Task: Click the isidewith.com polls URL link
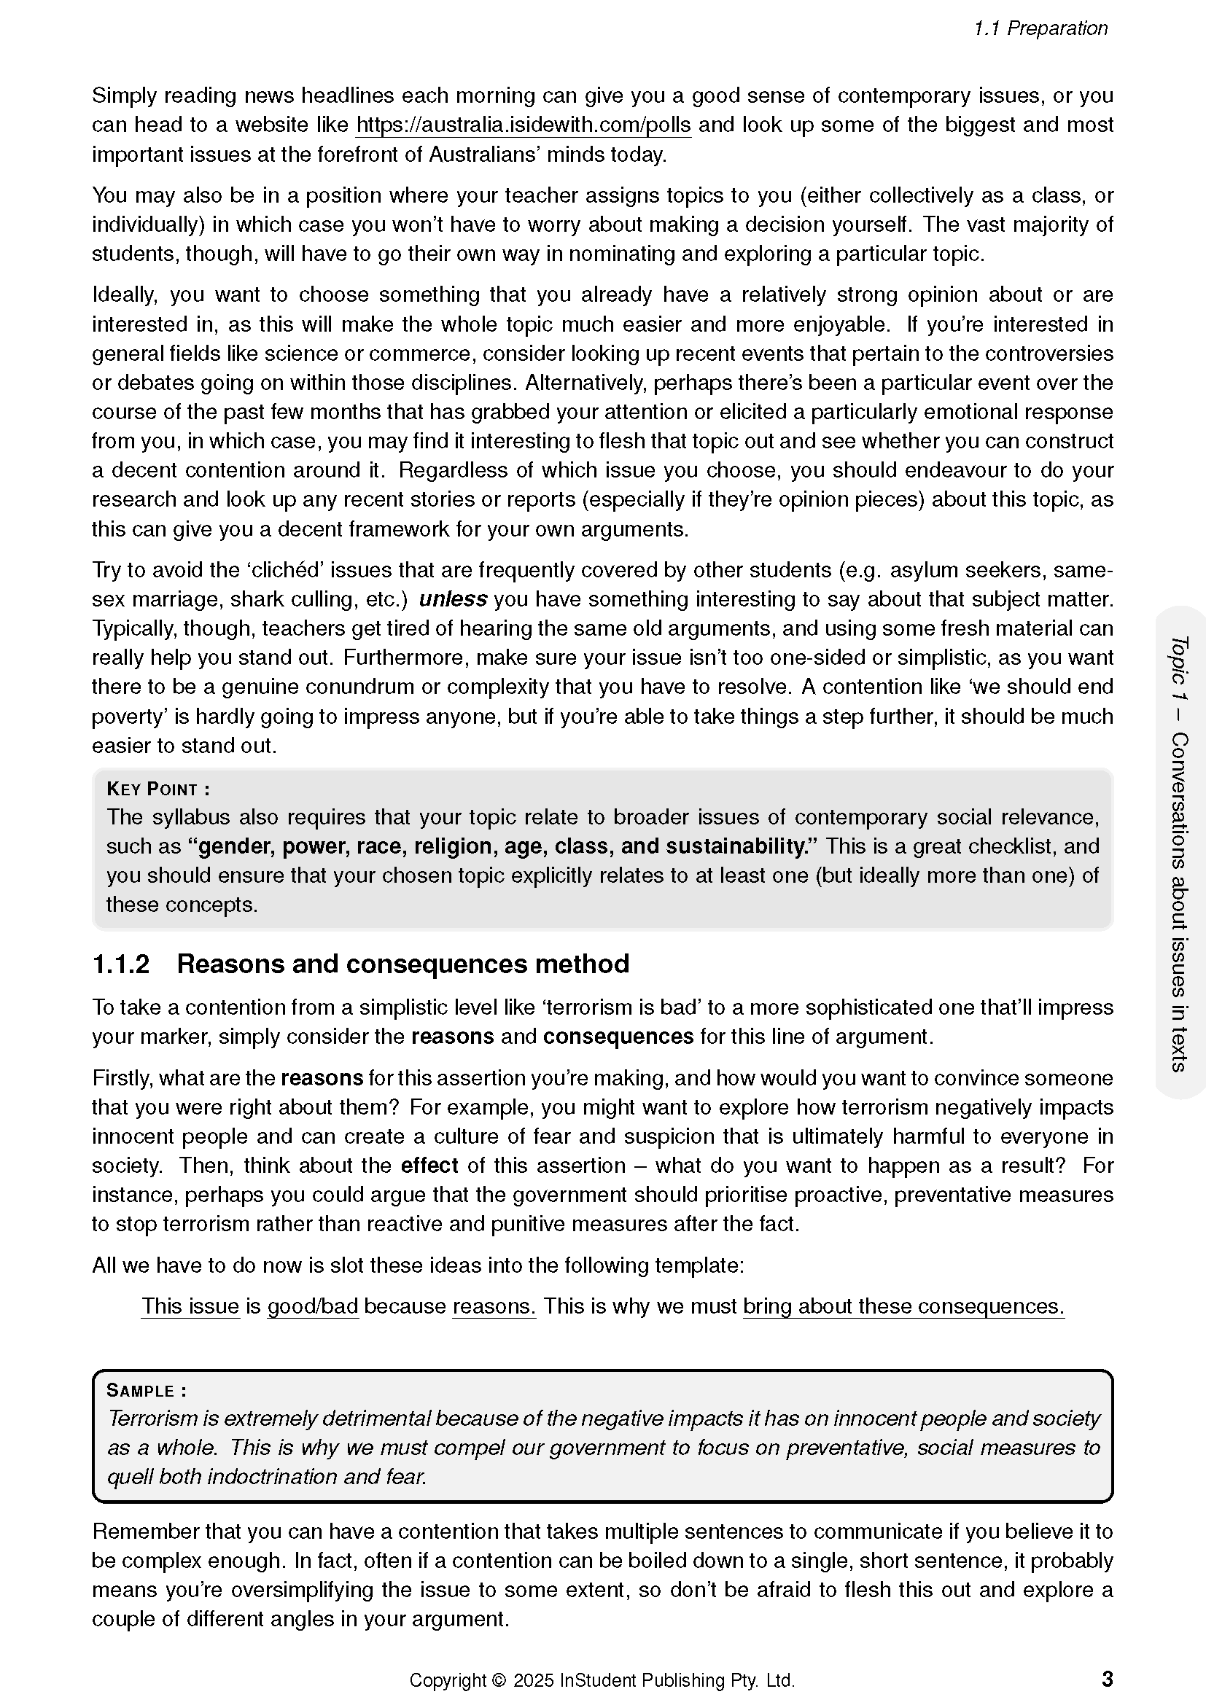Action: pos(523,125)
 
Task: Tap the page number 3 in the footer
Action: pos(1107,1678)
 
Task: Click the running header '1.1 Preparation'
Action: pos(1040,28)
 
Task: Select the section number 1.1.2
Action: pos(120,964)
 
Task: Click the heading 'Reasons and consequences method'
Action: pos(402,964)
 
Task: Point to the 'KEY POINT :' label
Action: pos(158,789)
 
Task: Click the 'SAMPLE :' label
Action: pos(147,1390)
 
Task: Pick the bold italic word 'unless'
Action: pos(453,599)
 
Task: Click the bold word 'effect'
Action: pos(429,1165)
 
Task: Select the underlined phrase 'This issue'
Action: pos(190,1306)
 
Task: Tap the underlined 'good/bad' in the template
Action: pos(313,1306)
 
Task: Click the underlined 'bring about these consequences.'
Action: pos(903,1306)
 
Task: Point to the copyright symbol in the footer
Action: pos(498,1679)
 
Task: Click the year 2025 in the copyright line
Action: pos(533,1679)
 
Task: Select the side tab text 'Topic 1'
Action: pos(1178,667)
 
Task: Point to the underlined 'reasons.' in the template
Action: pos(494,1306)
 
